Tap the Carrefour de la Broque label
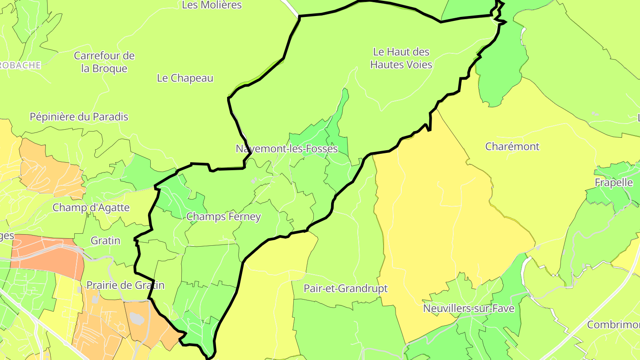104,62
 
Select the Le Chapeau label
185,78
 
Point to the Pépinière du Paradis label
79,117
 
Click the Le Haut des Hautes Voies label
401,58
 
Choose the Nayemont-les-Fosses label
287,149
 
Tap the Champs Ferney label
223,217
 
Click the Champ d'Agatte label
91,208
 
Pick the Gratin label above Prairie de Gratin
105,240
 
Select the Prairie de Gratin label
125,285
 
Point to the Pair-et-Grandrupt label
345,288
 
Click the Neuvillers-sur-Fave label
468,308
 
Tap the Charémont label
512,147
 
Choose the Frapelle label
613,183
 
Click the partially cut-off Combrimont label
613,324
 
